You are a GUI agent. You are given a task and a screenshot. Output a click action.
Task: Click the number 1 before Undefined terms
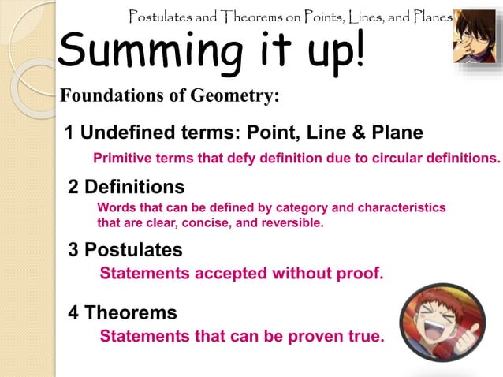(69, 132)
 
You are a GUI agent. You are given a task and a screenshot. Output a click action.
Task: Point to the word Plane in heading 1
(395, 132)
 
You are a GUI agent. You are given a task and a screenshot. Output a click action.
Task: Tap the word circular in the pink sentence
(397, 157)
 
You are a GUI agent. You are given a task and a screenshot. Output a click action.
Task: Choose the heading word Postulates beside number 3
(133, 250)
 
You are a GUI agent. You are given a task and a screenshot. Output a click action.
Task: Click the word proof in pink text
(359, 274)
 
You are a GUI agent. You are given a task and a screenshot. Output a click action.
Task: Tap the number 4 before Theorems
(73, 312)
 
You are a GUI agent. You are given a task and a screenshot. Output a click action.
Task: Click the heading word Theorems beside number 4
(131, 312)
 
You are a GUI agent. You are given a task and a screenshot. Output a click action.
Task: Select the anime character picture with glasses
(475, 36)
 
